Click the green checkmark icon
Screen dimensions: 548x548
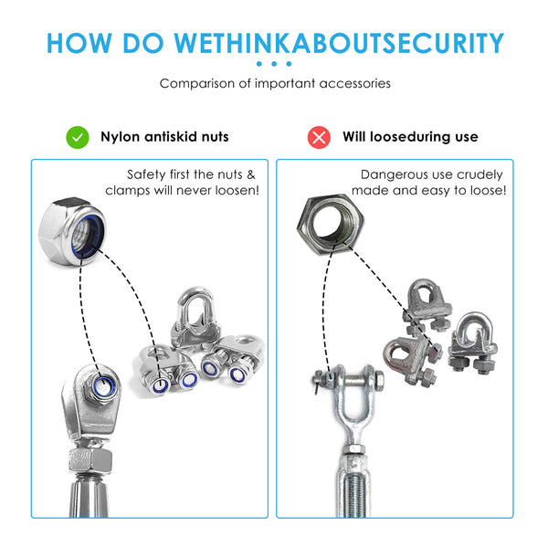click(78, 137)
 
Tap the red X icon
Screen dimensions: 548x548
click(319, 137)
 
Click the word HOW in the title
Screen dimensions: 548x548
click(79, 43)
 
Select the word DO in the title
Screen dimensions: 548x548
click(143, 43)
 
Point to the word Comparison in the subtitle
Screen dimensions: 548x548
click(197, 84)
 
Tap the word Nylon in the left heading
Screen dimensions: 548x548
click(121, 137)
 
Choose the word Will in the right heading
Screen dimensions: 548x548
click(354, 136)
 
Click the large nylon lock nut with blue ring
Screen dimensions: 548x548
click(72, 231)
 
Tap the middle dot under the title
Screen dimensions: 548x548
click(274, 64)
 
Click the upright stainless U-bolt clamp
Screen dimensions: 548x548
click(195, 317)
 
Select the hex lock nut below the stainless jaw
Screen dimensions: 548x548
click(90, 460)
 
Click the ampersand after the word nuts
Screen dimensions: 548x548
click(251, 174)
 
